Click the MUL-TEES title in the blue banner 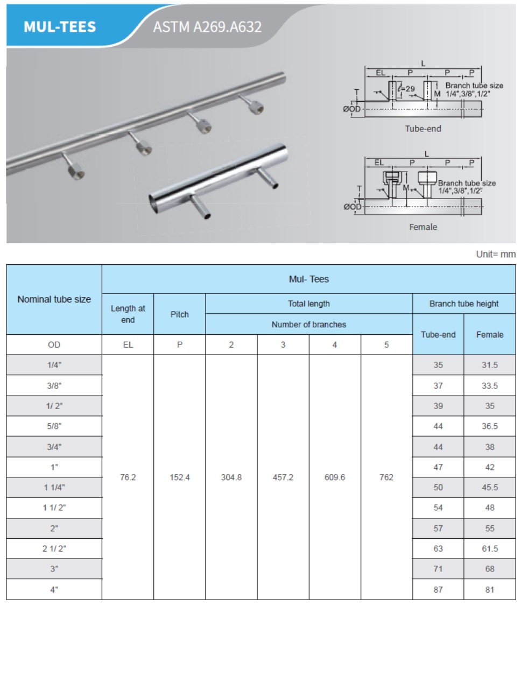(x=60, y=27)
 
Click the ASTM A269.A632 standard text (x=207, y=27)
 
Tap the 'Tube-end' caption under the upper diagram (x=423, y=129)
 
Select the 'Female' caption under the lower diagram (x=423, y=227)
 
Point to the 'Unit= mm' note (x=496, y=254)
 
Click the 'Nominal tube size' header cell (x=54, y=299)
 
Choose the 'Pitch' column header (x=179, y=314)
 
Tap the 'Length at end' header (x=128, y=314)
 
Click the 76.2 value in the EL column (x=128, y=477)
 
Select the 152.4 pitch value (x=179, y=477)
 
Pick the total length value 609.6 (x=334, y=477)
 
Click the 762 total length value (x=386, y=477)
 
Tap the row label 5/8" (x=54, y=426)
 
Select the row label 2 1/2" (x=54, y=548)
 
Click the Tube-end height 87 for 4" (x=438, y=589)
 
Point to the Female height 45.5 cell (x=489, y=488)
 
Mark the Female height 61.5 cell (x=489, y=548)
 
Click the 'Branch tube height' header (x=464, y=304)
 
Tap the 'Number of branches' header (x=308, y=325)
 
